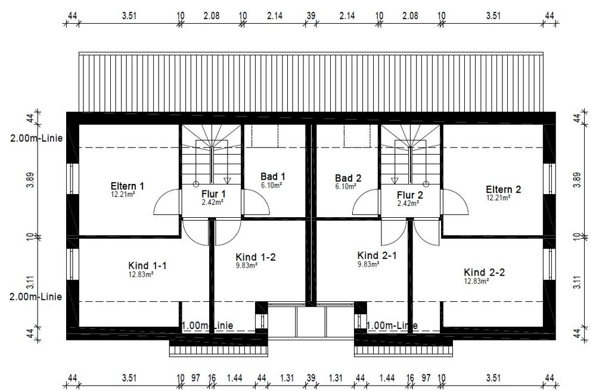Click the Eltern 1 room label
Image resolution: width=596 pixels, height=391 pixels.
128,186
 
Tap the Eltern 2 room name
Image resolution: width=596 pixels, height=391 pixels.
503,189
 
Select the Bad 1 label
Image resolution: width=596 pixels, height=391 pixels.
273,177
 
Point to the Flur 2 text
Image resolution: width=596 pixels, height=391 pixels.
410,195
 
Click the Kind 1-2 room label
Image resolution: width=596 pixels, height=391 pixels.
256,257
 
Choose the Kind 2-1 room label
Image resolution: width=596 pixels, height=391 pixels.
377,255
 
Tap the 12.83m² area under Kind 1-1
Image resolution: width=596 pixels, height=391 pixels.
141,274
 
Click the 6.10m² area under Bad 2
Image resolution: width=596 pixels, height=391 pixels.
346,186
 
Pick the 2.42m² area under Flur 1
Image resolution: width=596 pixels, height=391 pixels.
213,202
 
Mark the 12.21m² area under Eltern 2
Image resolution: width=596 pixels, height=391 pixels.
498,198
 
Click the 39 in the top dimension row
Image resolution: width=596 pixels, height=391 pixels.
311,15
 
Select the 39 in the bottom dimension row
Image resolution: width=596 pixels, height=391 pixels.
311,378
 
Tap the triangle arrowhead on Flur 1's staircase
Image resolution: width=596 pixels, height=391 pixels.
227,180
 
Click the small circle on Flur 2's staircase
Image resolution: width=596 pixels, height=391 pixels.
426,184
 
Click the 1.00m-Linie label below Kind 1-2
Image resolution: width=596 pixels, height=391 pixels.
207,326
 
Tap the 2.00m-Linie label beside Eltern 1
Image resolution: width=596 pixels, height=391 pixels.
36,138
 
